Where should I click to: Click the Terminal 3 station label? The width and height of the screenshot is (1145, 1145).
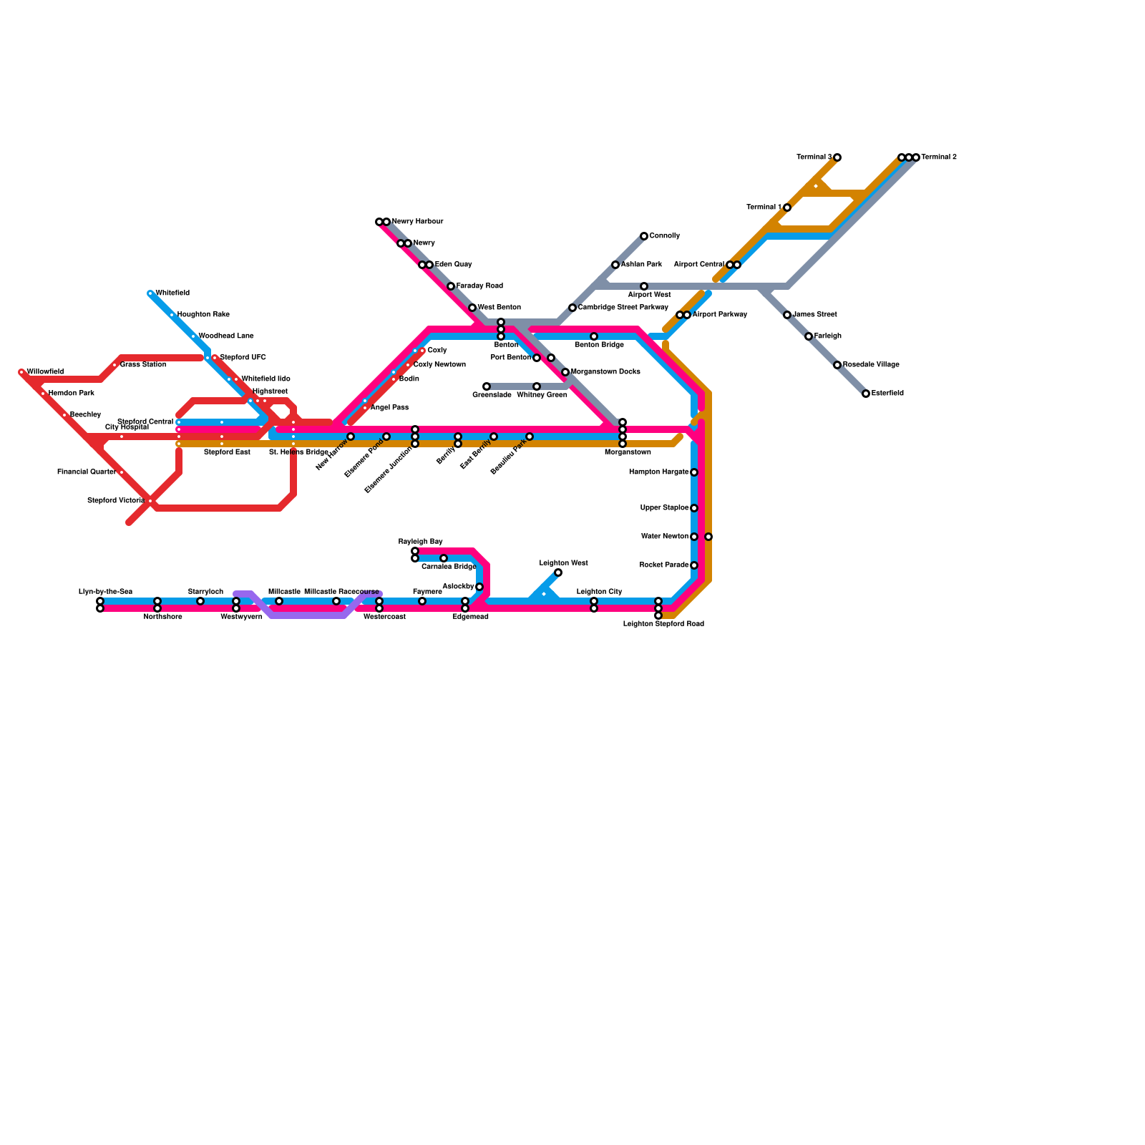tap(814, 157)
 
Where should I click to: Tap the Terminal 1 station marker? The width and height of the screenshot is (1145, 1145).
tap(787, 208)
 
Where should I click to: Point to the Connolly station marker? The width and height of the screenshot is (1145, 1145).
tap(644, 236)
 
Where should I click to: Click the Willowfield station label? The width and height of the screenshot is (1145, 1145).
tap(45, 372)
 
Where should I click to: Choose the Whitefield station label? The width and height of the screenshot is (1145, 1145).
tap(172, 293)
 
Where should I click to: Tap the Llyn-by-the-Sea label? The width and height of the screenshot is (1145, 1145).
tap(105, 592)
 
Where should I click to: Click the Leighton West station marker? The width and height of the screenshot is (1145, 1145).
tap(558, 572)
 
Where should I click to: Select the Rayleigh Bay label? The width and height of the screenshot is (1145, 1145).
tap(421, 542)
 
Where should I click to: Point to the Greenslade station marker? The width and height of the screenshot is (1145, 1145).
tap(487, 386)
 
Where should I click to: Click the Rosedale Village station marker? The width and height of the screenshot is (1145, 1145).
tap(837, 365)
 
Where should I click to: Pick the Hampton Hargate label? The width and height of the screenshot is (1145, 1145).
tap(658, 472)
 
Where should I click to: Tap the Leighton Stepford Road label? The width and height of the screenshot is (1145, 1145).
tap(663, 624)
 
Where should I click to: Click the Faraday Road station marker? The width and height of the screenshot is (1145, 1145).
tap(451, 286)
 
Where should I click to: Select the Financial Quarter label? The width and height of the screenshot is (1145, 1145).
tap(87, 472)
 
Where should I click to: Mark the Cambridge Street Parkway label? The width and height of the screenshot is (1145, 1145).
tap(623, 308)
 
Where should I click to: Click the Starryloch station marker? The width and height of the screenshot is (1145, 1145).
tap(200, 601)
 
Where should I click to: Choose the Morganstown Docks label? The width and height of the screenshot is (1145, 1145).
tap(605, 372)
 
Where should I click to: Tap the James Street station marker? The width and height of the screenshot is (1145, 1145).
tap(787, 315)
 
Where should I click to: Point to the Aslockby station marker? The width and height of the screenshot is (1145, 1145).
tap(479, 587)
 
